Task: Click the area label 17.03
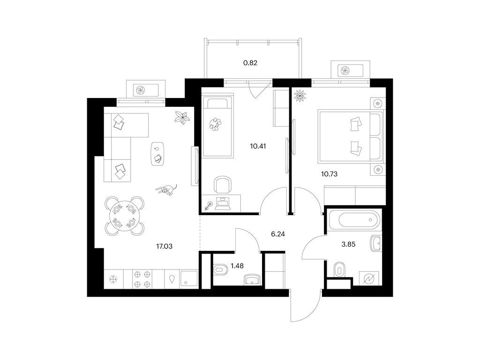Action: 165,246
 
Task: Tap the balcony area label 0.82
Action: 250,63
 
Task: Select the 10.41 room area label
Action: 258,146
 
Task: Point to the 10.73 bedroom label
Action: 329,174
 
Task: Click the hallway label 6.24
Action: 278,234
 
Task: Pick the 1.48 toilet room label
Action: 237,266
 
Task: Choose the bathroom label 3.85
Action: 348,244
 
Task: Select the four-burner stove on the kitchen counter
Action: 143,279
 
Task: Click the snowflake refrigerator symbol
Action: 114,279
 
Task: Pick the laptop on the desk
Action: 223,204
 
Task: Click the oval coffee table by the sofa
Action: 157,153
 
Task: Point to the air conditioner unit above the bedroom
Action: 351,71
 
